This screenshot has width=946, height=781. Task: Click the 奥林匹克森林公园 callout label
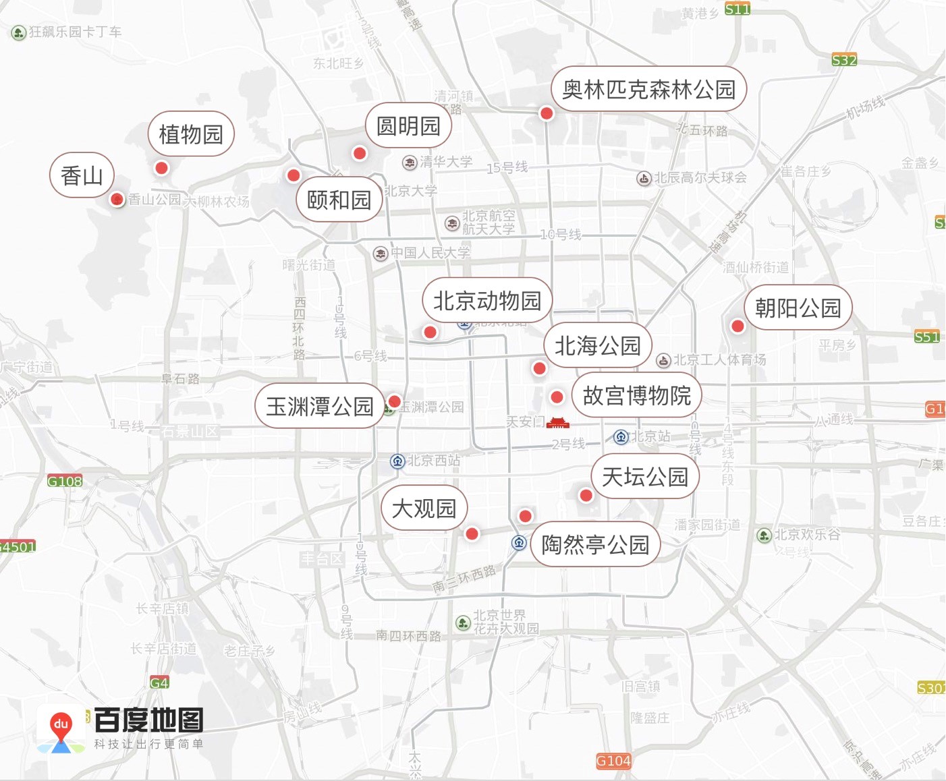[648, 89]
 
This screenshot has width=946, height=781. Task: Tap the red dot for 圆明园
[360, 153]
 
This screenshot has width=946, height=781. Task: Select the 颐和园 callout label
[339, 200]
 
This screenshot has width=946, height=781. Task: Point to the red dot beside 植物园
[161, 167]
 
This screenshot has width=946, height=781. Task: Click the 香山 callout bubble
[82, 175]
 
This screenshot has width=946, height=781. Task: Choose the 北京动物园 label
[486, 300]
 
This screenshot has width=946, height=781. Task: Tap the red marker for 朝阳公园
[738, 326]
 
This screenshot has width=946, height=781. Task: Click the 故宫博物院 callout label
[636, 395]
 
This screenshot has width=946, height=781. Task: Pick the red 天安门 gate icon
[558, 423]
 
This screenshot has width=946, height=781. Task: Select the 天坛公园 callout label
[644, 477]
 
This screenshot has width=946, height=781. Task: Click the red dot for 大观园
[472, 533]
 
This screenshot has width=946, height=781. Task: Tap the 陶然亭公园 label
[594, 544]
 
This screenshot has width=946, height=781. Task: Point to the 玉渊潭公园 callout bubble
[319, 406]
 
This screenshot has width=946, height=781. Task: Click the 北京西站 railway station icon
[397, 461]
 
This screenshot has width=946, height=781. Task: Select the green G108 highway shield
[65, 481]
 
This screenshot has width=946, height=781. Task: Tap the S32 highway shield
[844, 60]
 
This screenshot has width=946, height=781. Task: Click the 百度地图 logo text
[148, 720]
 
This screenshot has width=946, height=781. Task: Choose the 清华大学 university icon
[410, 163]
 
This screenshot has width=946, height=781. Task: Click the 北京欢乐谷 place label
[807, 535]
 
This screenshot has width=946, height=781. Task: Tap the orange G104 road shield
[613, 761]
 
